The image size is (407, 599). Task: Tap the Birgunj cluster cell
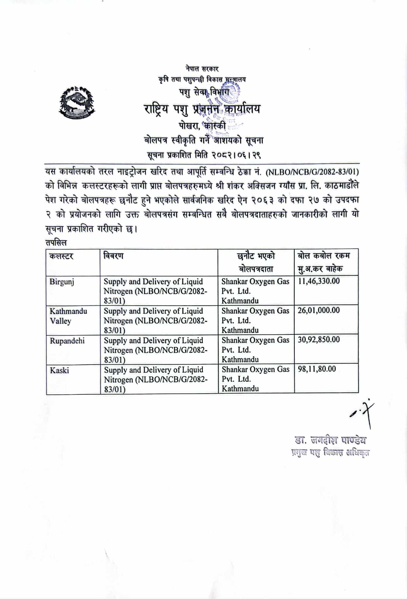(x=62, y=282)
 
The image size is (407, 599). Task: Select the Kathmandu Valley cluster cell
(x=68, y=316)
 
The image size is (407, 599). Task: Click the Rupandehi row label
(x=67, y=341)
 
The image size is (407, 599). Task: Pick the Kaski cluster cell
(x=59, y=370)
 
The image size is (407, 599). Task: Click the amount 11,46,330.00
(x=319, y=281)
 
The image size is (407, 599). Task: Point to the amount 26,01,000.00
(x=319, y=310)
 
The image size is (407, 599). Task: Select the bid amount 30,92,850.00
(x=319, y=340)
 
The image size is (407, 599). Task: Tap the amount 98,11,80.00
(x=317, y=369)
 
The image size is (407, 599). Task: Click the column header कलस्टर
(x=61, y=256)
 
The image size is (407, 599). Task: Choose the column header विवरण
(x=113, y=256)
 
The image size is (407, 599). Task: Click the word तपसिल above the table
(x=56, y=243)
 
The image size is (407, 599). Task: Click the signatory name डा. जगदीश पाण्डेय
(x=330, y=440)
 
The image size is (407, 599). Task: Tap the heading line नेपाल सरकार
(x=202, y=69)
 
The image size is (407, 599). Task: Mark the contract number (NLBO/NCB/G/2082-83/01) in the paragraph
(x=312, y=171)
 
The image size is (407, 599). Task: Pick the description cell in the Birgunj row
(x=156, y=291)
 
